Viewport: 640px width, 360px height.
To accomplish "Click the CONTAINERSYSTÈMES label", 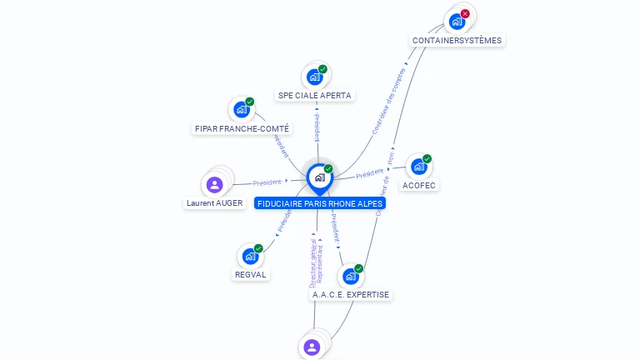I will click(457, 40).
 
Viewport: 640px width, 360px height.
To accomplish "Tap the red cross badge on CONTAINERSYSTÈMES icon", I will click(465, 13).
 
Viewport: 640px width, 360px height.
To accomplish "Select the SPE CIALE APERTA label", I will click(315, 95).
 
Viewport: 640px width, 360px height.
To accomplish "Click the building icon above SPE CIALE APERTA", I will click(314, 77).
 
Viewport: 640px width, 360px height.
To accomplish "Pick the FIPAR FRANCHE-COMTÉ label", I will click(242, 128).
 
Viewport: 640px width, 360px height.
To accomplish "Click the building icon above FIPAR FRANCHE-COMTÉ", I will click(242, 110).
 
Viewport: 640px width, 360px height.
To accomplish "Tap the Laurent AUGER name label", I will click(214, 202).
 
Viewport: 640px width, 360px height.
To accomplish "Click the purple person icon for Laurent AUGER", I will click(214, 184).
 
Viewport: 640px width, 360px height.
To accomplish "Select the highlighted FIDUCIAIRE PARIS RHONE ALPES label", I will click(320, 203).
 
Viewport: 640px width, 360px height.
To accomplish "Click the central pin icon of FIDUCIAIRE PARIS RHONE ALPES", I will click(319, 177).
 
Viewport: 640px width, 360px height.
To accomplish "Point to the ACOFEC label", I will click(418, 185).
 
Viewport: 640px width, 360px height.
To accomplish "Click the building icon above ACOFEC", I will click(418, 167).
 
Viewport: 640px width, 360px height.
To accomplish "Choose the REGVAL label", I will click(251, 274).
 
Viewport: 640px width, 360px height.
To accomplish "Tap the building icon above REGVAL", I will click(250, 257).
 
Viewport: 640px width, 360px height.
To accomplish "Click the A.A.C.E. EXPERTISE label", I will click(350, 294).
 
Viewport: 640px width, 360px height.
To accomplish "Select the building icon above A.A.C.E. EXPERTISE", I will click(350, 276).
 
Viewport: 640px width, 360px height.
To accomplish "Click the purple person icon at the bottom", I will click(312, 347).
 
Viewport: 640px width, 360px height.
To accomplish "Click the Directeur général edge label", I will click(312, 262).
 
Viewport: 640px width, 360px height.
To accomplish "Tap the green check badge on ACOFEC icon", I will click(427, 158).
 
